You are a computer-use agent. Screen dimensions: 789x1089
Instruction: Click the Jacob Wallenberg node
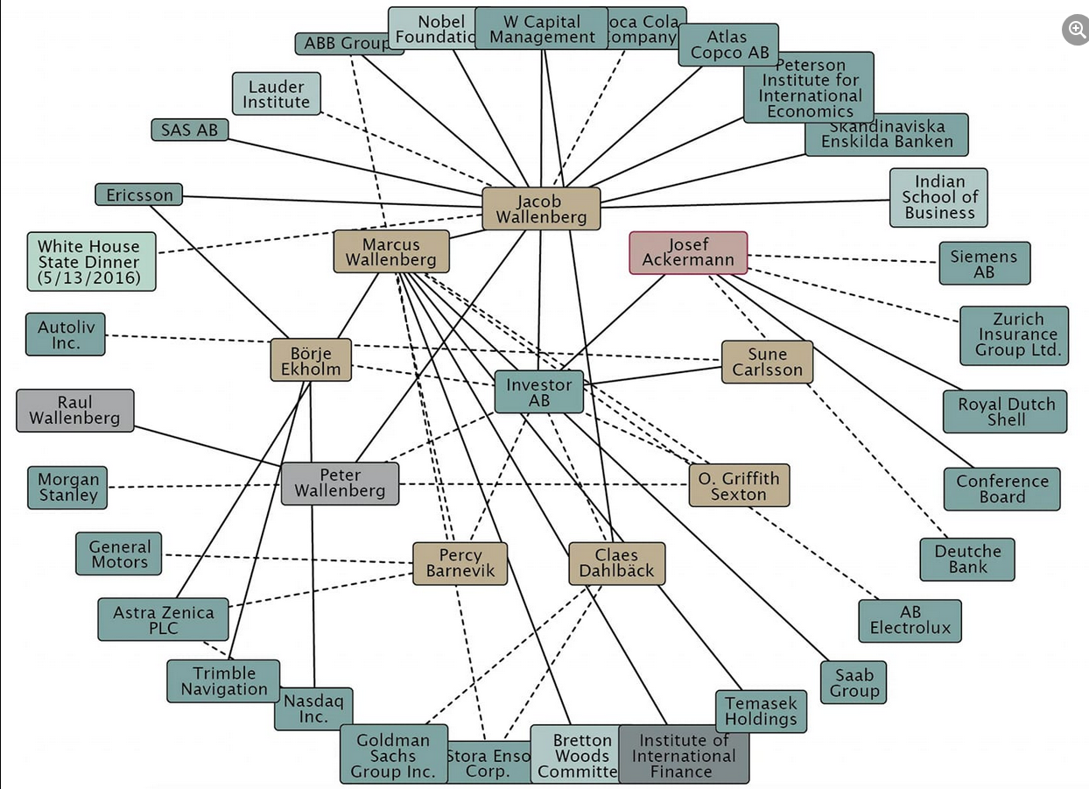coord(541,209)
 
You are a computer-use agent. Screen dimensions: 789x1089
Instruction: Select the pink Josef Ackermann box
coord(688,253)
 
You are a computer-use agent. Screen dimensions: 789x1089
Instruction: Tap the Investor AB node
coord(538,391)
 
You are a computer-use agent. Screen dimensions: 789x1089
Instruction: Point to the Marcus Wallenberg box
coord(390,252)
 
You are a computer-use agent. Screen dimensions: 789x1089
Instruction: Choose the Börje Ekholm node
coord(311,361)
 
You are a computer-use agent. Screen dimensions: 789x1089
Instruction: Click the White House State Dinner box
coord(90,262)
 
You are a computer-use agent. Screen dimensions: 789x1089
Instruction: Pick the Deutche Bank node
coord(967,560)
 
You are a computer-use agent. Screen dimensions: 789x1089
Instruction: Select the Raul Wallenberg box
coord(74,411)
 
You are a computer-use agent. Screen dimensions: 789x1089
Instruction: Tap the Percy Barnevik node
coord(460,564)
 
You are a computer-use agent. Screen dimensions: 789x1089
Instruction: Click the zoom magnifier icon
coord(1076,30)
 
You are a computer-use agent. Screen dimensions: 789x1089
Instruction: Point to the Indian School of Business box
coord(939,198)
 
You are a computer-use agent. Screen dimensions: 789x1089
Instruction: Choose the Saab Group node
coord(854,683)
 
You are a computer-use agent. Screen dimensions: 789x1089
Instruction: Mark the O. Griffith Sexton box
coord(739,486)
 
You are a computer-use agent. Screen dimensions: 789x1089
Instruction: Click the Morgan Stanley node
coord(68,488)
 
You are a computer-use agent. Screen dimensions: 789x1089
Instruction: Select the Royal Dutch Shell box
coord(1005,412)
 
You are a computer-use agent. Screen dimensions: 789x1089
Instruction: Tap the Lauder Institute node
coord(276,95)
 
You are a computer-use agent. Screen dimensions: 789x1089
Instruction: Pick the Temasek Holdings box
coord(761,712)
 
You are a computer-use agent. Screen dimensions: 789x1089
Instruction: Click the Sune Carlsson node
coord(767,362)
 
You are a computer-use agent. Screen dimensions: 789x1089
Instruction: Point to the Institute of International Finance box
coord(684,755)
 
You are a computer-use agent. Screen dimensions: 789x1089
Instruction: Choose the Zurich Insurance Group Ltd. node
coord(1015,335)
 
